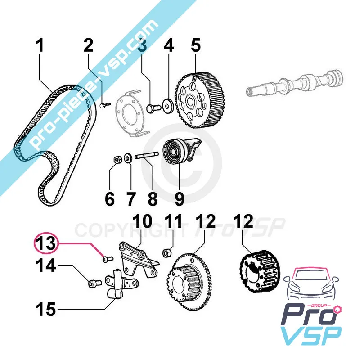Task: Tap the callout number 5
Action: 195,46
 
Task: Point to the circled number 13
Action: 47,244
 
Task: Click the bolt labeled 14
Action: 93,283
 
